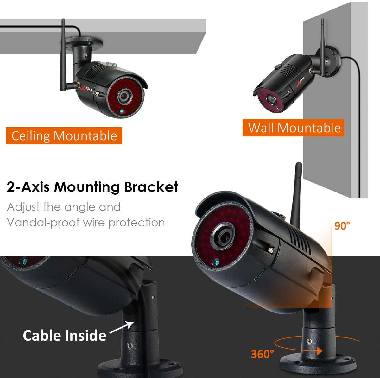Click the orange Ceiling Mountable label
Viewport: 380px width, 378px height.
click(64, 136)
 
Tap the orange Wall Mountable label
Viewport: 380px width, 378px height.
click(293, 128)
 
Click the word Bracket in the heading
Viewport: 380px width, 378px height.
click(151, 187)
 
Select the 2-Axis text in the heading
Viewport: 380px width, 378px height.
click(28, 187)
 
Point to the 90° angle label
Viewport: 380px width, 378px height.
click(342, 226)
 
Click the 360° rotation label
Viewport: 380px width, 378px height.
click(262, 354)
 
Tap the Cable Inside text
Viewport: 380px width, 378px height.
click(65, 335)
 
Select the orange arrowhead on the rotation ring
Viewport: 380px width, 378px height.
click(320, 351)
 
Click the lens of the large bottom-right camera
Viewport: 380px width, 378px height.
click(223, 236)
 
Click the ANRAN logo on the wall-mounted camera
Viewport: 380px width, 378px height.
click(300, 81)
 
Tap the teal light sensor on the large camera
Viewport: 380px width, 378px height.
click(217, 262)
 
